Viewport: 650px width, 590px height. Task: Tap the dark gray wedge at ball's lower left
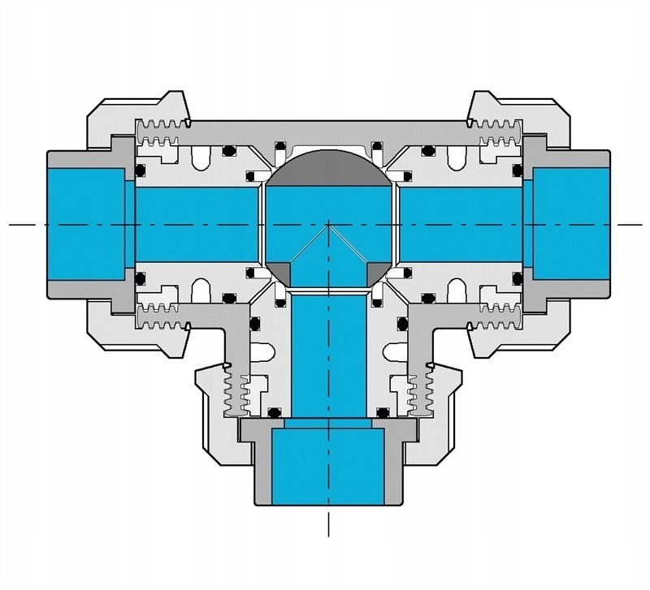tap(279, 273)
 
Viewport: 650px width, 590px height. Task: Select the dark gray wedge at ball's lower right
tap(378, 273)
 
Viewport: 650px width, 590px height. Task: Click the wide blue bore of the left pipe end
tap(85, 223)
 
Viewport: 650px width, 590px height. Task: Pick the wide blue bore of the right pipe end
tap(569, 223)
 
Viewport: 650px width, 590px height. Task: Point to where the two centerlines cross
tap(328, 223)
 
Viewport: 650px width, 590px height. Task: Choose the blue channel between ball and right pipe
tap(459, 223)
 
